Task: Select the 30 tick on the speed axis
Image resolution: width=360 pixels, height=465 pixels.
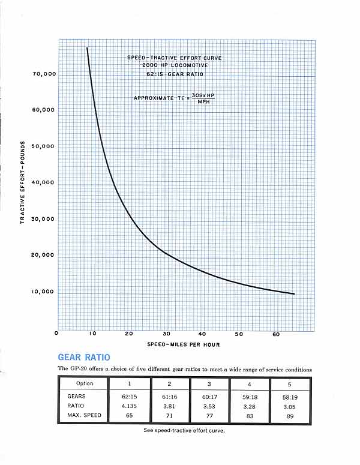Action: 166,334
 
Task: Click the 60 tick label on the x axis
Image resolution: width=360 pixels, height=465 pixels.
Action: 275,334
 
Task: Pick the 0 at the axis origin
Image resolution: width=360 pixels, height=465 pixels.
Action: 57,334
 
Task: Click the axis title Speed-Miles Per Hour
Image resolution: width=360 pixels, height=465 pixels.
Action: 182,344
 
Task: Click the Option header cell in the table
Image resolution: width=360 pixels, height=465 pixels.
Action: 85,383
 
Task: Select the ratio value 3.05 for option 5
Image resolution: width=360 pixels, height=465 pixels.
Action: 290,406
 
